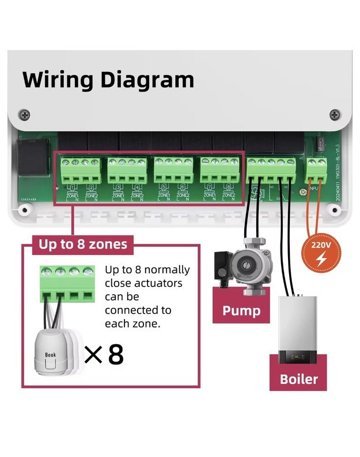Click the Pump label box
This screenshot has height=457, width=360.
[x=241, y=311]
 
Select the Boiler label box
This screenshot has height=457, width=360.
[x=298, y=379]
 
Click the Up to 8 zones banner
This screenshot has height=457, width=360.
[x=83, y=244]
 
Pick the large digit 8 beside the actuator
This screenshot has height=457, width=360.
[x=116, y=355]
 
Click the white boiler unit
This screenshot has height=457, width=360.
[x=298, y=329]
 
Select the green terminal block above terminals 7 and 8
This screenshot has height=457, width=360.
[x=219, y=170]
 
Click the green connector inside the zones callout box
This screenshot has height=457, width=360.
[x=66, y=283]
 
